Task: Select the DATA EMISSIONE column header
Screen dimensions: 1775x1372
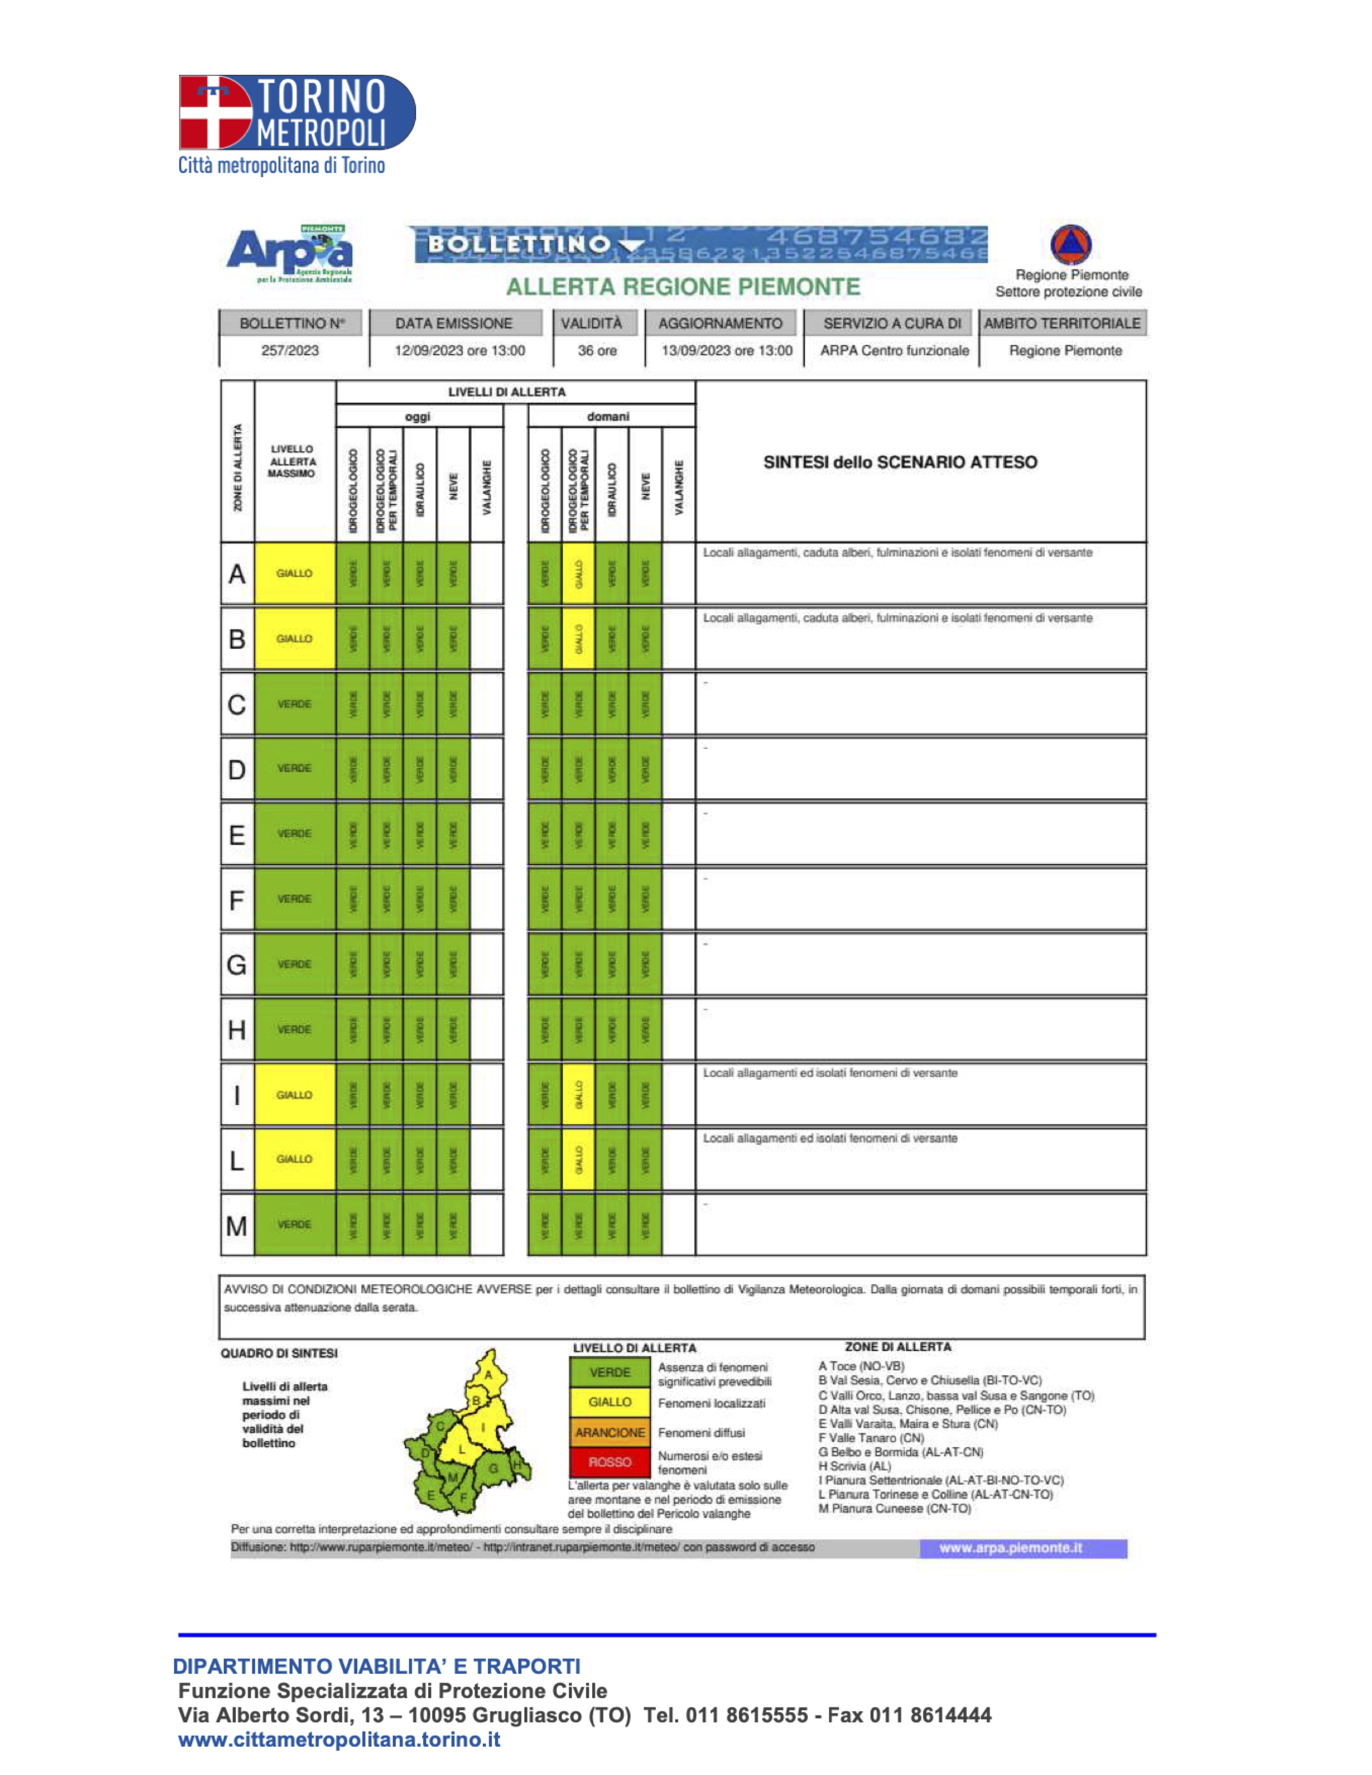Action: coord(454,324)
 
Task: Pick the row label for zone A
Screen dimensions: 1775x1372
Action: coord(237,574)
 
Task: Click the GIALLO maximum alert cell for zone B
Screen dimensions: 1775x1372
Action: coord(294,639)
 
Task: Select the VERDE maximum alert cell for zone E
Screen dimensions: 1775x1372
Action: coord(294,834)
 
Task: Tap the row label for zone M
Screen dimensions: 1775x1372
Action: coord(237,1225)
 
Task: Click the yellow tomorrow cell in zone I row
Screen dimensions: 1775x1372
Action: coord(579,1095)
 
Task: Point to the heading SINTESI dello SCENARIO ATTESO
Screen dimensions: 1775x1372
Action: coord(900,463)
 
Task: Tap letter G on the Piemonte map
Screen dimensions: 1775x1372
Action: coord(493,1468)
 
